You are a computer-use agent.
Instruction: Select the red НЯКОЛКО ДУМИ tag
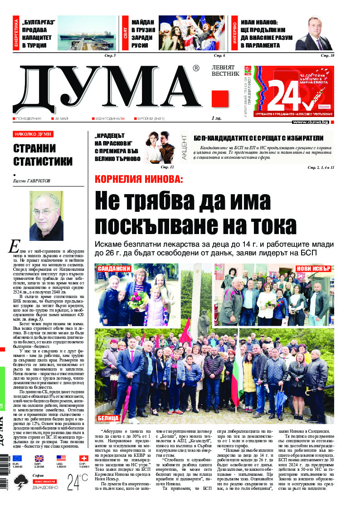coord(33,134)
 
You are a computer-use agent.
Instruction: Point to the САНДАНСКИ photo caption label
coord(114,269)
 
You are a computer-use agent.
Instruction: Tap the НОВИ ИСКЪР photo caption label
coord(313,269)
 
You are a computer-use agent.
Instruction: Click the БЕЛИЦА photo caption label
coord(108,418)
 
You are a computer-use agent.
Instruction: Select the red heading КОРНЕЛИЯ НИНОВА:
coord(139,179)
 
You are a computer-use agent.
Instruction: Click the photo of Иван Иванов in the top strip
coord(313,34)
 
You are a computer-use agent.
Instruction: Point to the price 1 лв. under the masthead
coord(216,118)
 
